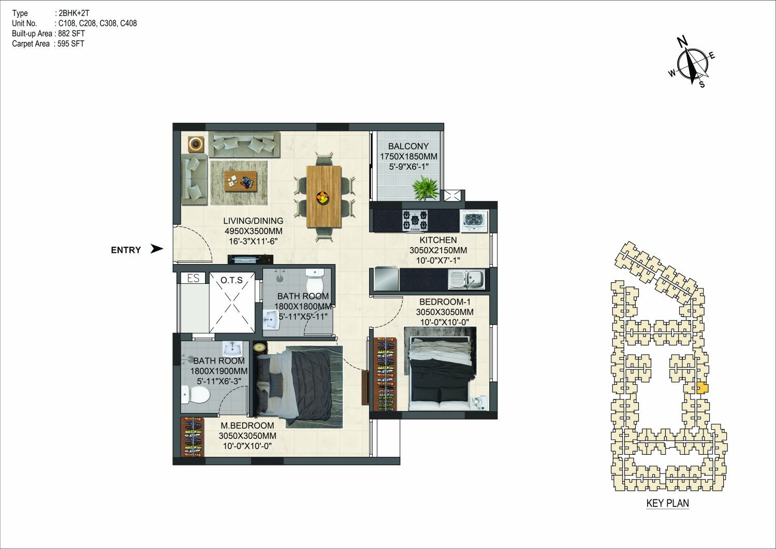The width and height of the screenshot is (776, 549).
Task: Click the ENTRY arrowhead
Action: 157,249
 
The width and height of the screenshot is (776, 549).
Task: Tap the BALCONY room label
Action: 408,146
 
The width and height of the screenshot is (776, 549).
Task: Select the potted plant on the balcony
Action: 425,187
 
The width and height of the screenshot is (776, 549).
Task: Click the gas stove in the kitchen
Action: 415,220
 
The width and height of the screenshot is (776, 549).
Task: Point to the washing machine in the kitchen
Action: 474,221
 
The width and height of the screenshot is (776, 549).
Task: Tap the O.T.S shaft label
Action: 231,280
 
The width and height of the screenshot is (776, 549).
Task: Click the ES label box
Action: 193,278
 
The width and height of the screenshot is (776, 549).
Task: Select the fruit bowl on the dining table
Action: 324,197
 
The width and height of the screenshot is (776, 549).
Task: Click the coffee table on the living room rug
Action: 241,181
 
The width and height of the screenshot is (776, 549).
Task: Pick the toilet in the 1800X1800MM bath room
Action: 315,281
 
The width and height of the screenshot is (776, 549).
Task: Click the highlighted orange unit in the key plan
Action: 702,388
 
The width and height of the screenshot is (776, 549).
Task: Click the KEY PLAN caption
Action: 668,503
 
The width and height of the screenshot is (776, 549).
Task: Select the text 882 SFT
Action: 71,34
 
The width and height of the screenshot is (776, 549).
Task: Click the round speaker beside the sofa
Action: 196,143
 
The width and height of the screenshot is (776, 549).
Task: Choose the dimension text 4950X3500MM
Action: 253,231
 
